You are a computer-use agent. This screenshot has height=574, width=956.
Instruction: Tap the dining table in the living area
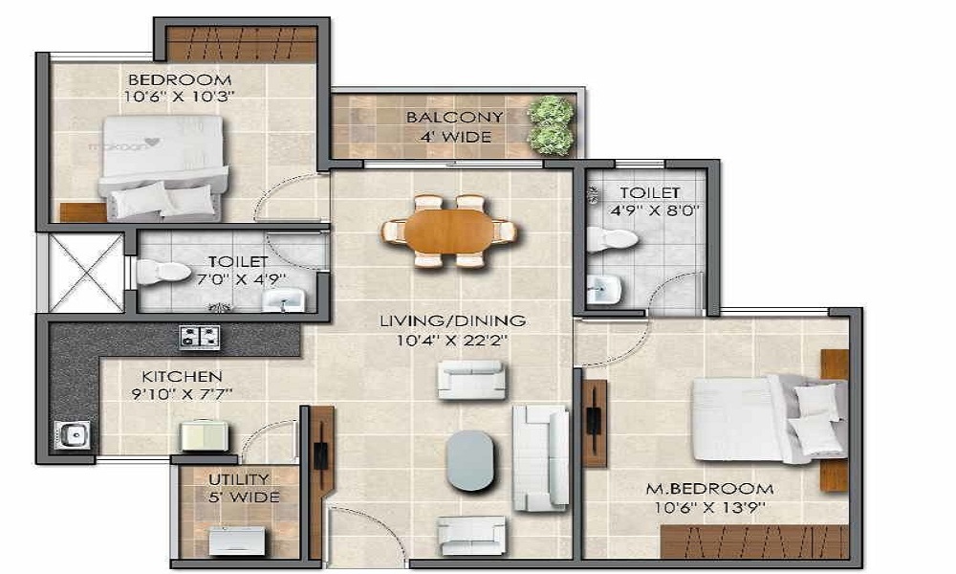click(x=448, y=231)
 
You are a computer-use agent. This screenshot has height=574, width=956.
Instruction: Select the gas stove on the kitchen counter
click(x=199, y=337)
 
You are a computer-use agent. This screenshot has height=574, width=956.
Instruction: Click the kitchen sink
click(x=74, y=435)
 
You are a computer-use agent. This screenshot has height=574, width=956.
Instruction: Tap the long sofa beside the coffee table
click(x=540, y=457)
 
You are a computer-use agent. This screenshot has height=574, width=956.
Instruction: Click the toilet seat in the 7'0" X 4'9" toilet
click(x=162, y=273)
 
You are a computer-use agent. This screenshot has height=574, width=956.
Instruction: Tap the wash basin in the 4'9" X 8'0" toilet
click(x=602, y=286)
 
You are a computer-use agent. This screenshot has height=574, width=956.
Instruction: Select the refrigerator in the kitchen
click(x=205, y=437)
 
